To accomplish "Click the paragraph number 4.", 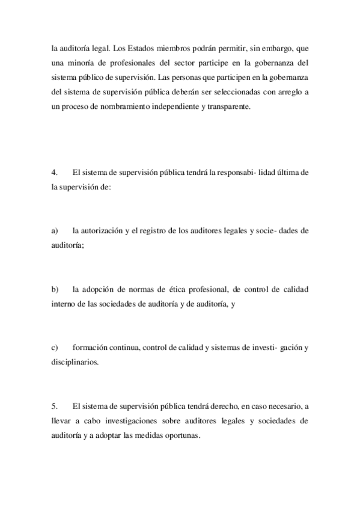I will [55, 172].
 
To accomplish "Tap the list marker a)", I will [55, 231].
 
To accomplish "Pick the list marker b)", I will [55, 290].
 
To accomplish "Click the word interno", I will [64, 306].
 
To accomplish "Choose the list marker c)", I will [55, 349].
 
